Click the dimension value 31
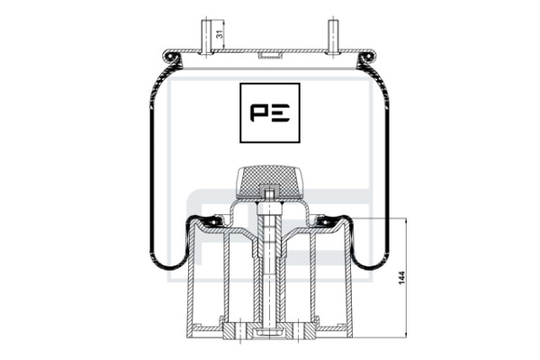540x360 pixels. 218,34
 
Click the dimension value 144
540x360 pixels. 401,278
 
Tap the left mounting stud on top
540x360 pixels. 206,37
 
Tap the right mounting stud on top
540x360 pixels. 333,37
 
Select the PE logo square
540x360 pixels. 270,112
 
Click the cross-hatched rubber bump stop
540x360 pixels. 270,183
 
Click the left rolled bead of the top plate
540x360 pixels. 171,57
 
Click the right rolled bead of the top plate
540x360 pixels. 367,57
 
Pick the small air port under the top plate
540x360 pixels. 270,56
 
